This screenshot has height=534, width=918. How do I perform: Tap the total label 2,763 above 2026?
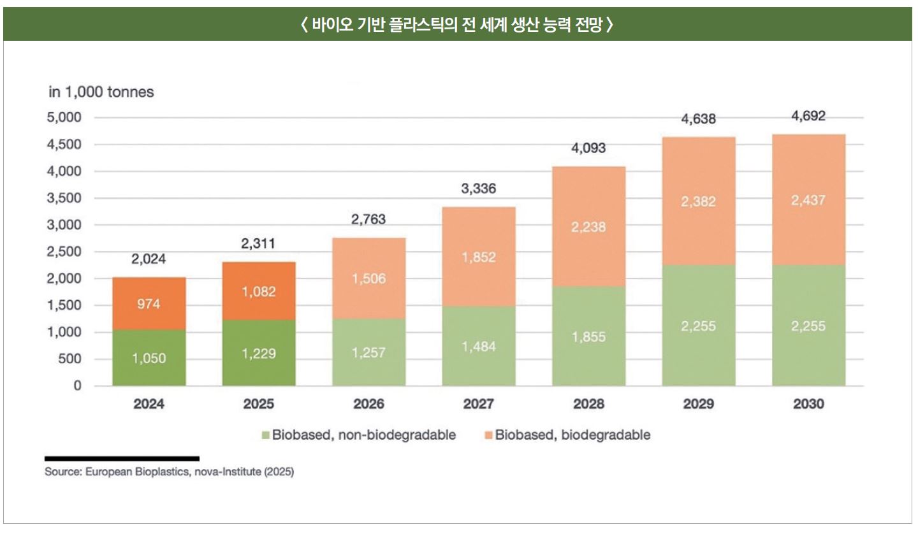[x=368, y=220]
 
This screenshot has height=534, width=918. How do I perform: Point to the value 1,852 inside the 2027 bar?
[x=479, y=257]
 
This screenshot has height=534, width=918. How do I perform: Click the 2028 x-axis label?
[x=588, y=404]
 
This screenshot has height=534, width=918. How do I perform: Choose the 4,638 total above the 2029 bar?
[x=698, y=119]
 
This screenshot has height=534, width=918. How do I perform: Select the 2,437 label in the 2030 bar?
[x=808, y=201]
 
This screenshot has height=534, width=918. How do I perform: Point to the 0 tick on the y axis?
[x=77, y=386]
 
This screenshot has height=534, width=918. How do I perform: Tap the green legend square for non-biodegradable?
[x=266, y=435]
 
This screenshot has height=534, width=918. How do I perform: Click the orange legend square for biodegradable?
[x=488, y=435]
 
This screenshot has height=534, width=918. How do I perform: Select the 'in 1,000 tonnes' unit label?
[x=101, y=92]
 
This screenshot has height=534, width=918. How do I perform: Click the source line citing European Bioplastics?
[x=169, y=473]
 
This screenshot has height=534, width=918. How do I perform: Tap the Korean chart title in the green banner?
[x=458, y=25]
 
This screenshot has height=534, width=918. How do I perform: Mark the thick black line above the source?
[x=122, y=458]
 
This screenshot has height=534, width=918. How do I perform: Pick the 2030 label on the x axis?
[x=808, y=404]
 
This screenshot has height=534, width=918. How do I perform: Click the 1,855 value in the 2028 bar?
[x=588, y=336]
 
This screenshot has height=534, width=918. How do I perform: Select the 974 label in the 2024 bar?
[x=149, y=304]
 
